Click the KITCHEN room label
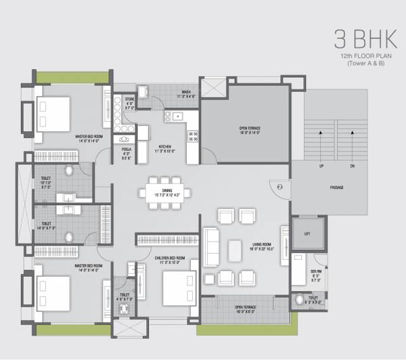pyautogui.click(x=164, y=146)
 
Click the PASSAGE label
pyautogui.click(x=336, y=187)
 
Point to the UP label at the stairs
pyautogui.click(x=321, y=166)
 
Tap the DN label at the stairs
pyautogui.click(x=352, y=166)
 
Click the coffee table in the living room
pyautogui.click(x=235, y=250)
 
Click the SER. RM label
pyautogui.click(x=315, y=271)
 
